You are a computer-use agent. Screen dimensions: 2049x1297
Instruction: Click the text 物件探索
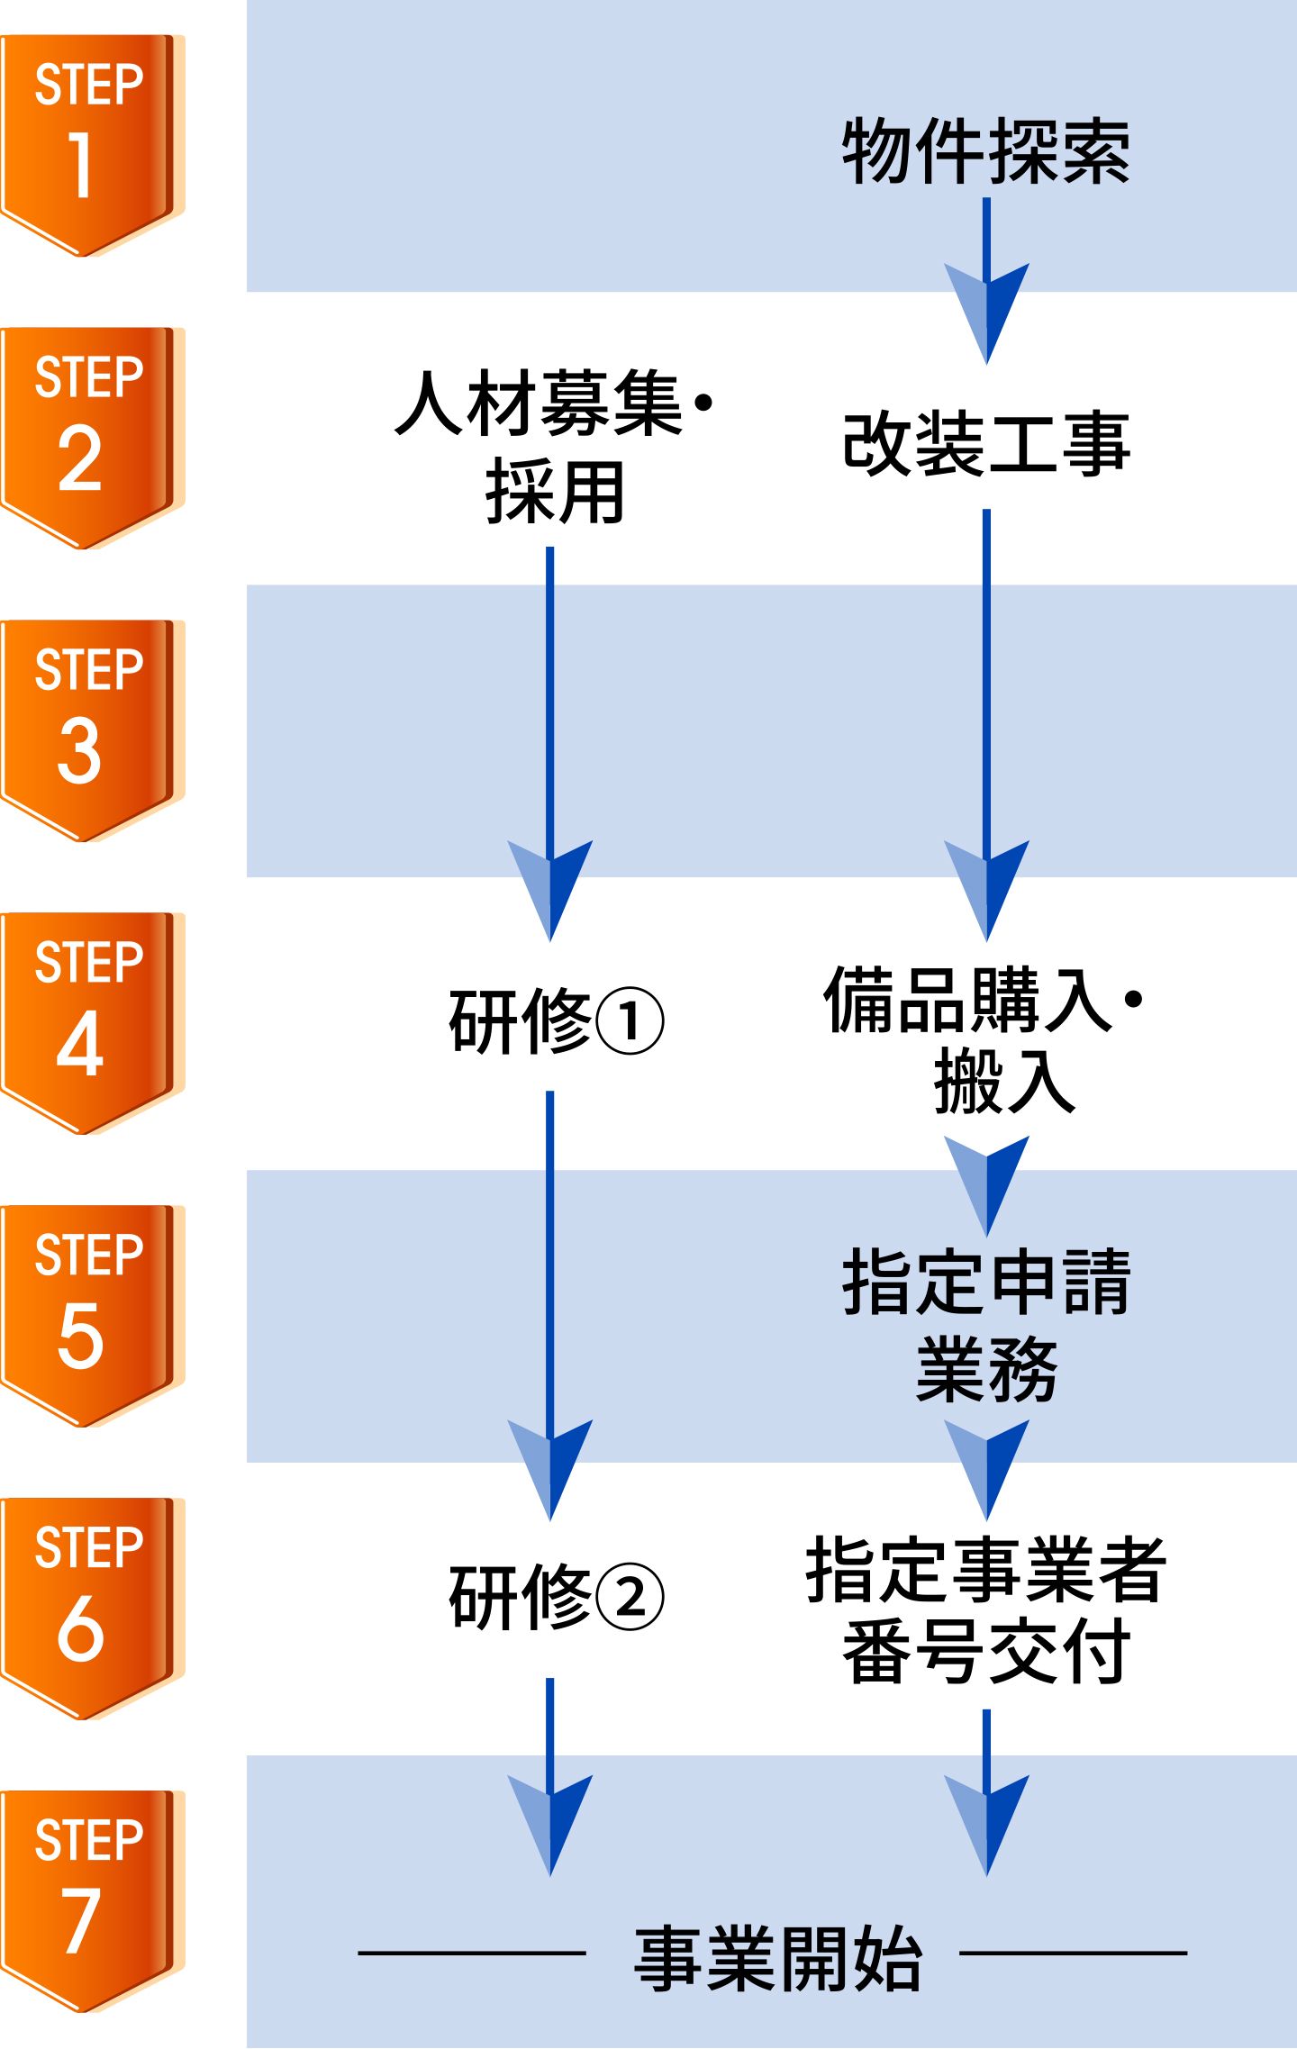point(985,151)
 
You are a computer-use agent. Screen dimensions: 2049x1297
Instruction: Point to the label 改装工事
point(985,443)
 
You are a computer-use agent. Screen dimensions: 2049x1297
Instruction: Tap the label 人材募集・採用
point(553,446)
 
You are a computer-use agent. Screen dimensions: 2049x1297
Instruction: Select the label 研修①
point(556,1020)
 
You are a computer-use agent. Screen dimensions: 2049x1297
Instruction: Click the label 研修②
point(556,1597)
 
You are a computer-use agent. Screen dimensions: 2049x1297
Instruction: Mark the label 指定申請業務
point(985,1324)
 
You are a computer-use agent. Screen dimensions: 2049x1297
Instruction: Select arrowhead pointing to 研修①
point(550,887)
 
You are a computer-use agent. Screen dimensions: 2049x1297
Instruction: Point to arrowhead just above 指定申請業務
point(987,1183)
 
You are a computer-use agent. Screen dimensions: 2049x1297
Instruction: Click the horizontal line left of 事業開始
point(472,1953)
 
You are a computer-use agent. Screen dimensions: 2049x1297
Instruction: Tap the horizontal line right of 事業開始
point(1074,1953)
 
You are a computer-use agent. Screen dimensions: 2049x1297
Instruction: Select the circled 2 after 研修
point(630,1598)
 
